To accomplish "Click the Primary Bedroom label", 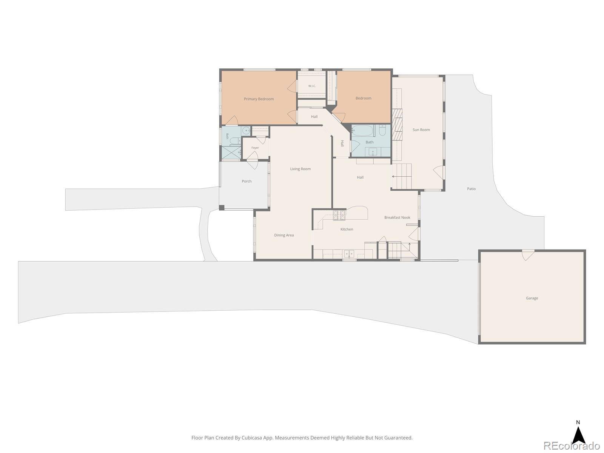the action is pos(259,99).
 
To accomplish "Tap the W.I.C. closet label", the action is pos(312,86).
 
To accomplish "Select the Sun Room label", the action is pos(421,130).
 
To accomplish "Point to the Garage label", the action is pos(532,298).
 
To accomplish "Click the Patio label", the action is pos(471,189).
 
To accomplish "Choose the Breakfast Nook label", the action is pos(397,217).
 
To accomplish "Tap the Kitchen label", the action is pos(347,229).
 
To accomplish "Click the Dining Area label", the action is pos(284,235).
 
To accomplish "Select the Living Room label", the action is pos(300,169).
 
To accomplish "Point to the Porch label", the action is pos(247,181).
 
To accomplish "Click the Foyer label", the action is pos(255,148).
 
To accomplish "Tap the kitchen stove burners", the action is pos(339,215).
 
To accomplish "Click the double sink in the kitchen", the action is pos(349,254).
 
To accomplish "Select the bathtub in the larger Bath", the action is pos(363,131).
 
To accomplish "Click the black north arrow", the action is pos(578,436).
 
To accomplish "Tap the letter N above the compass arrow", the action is pos(578,422).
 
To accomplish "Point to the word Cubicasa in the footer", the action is pos(251,438).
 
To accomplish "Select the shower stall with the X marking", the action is pos(231,153).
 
